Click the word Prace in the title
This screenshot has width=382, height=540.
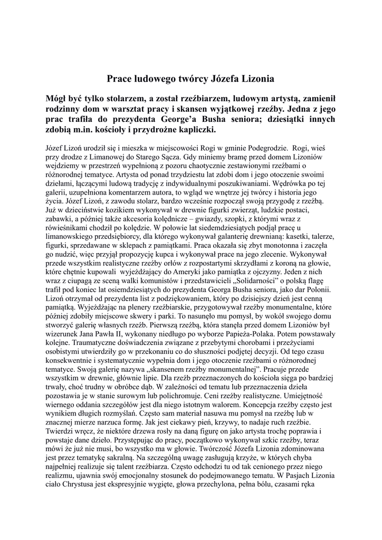tap(121, 79)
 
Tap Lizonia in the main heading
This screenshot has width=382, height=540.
tap(257, 79)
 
